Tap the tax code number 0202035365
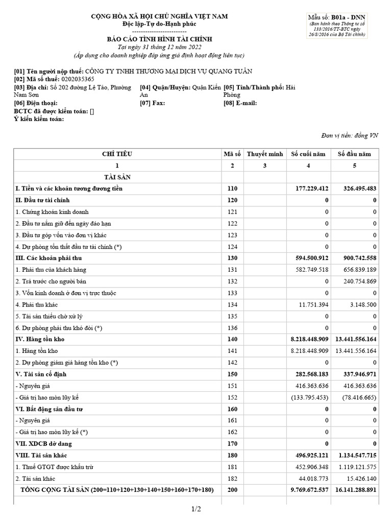pyautogui.click(x=78, y=79)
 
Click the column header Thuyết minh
pyautogui.click(x=264, y=154)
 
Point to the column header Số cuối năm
pyautogui.click(x=308, y=154)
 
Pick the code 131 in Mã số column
pyautogui.click(x=232, y=269)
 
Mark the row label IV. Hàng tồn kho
pyautogui.click(x=40, y=339)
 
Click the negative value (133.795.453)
pyautogui.click(x=309, y=397)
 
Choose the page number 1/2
pyautogui.click(x=197, y=509)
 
